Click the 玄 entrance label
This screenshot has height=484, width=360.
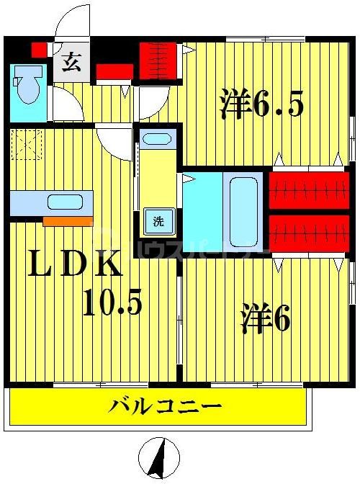point(71,62)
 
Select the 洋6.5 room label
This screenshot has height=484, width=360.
point(261,106)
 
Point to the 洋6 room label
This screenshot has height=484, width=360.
point(265,318)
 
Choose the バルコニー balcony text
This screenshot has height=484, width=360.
point(165,407)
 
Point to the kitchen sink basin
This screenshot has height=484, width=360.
point(66,202)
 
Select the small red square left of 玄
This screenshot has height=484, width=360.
point(39,50)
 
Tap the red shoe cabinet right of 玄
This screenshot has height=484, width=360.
point(114,71)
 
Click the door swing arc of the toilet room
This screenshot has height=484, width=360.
point(66,104)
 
